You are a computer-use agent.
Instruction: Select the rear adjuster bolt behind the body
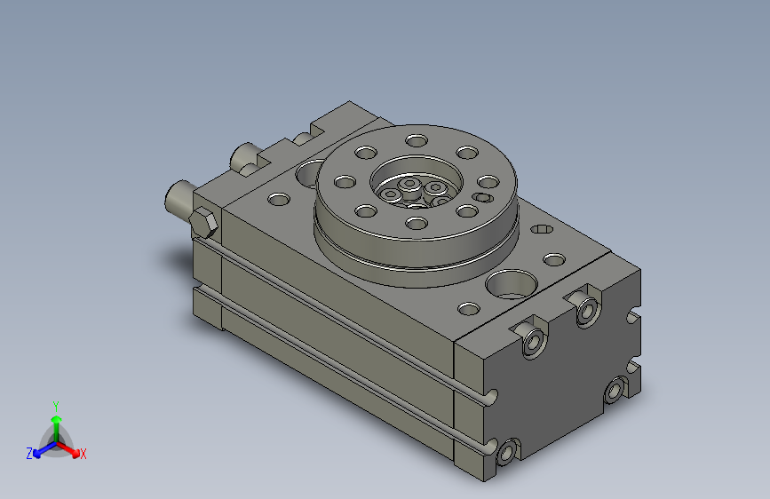tap(243, 159)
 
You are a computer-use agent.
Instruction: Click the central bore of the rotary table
tap(415, 188)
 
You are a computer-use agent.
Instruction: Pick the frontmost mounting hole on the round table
tap(416, 222)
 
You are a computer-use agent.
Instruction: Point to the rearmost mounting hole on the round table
tap(416, 139)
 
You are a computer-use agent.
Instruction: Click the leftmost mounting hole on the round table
tap(343, 181)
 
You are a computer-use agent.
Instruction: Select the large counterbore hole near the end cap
tap(511, 284)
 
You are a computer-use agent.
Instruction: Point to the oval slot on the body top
tap(541, 230)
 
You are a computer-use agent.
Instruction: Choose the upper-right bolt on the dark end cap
tap(587, 311)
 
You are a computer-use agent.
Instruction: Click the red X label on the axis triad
tap(83, 454)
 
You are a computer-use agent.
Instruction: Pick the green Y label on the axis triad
tap(55, 405)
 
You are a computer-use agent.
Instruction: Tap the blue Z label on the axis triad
tap(29, 454)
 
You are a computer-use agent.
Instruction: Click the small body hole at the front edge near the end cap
tap(467, 310)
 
